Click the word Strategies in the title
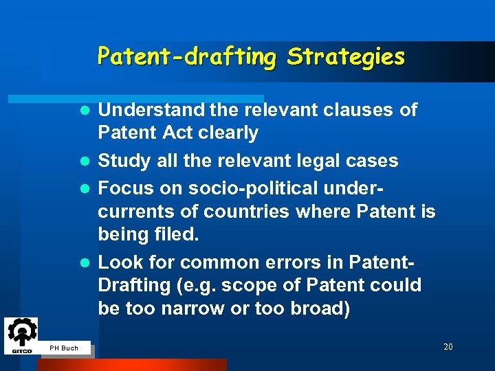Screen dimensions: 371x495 [x=346, y=56]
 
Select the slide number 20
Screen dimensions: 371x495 [x=448, y=347]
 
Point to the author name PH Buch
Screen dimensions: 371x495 [x=64, y=348]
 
